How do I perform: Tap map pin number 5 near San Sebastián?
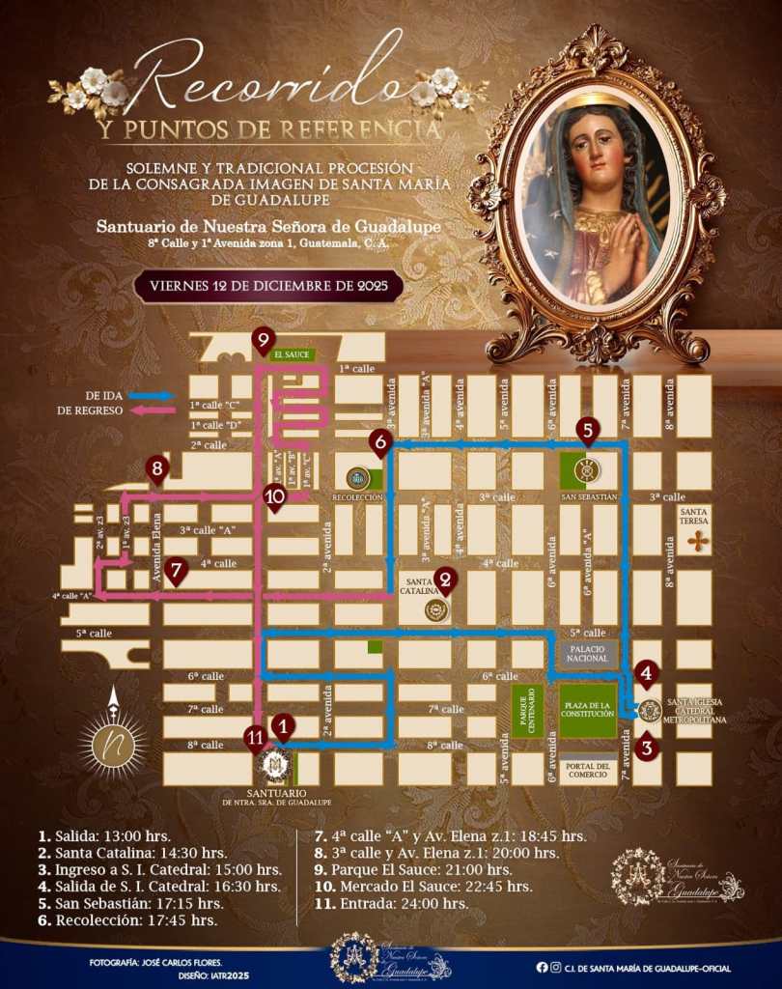click(587, 430)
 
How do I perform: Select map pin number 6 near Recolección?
click(379, 443)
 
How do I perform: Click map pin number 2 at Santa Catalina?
click(445, 579)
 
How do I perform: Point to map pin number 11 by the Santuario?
click(255, 738)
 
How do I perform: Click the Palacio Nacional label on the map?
click(588, 653)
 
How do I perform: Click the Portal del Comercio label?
click(589, 769)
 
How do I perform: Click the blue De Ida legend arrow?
click(154, 395)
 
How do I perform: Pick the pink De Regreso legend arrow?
click(154, 410)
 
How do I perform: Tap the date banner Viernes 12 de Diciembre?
click(268, 287)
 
